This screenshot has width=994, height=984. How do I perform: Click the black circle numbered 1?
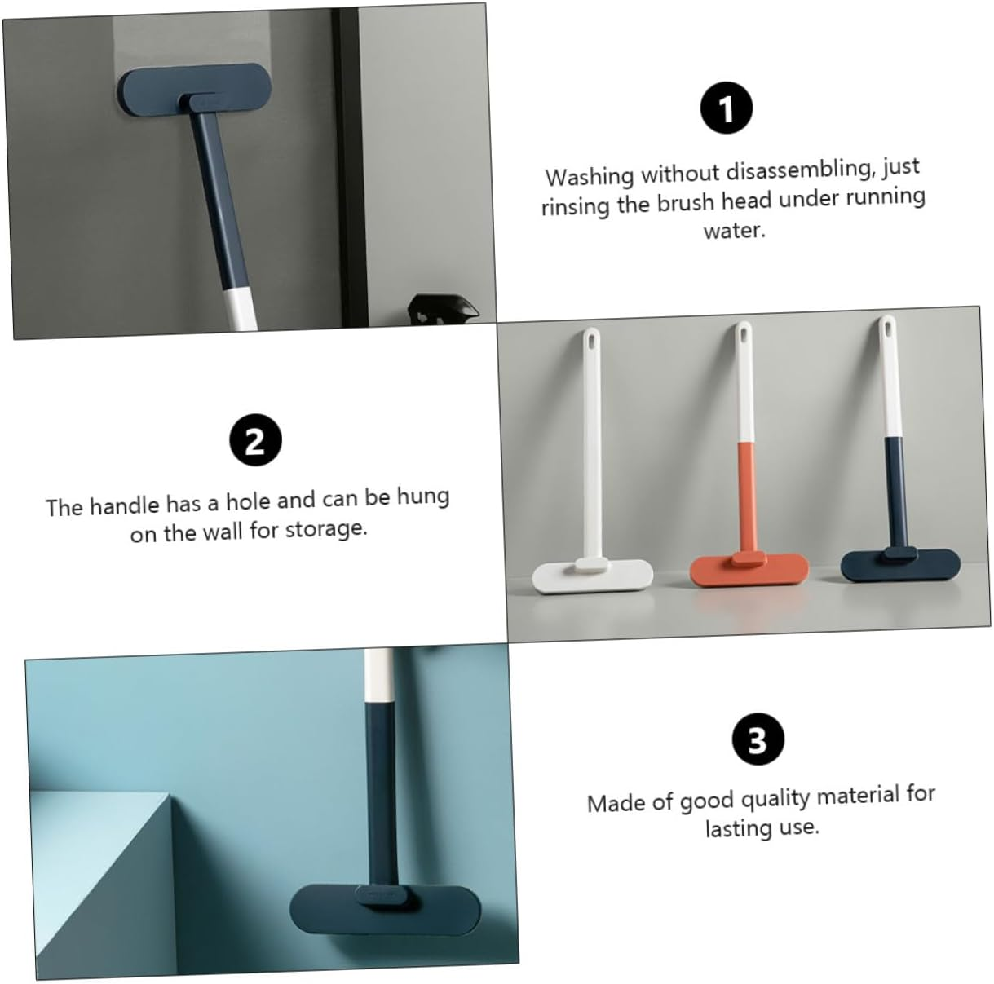[727, 108]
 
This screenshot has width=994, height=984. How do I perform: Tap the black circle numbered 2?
[256, 440]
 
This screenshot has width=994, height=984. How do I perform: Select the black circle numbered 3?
[758, 739]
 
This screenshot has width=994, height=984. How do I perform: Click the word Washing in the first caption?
[590, 176]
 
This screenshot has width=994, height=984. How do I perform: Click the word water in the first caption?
[735, 230]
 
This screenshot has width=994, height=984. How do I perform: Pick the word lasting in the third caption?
[739, 830]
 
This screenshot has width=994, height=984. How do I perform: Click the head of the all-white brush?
[593, 576]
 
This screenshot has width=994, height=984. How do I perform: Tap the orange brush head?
[749, 569]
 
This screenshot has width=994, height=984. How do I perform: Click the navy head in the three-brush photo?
[901, 565]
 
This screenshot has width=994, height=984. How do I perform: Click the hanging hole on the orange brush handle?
[744, 333]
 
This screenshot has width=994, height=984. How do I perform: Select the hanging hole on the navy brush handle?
[886, 326]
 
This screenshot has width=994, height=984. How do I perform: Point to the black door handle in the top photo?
[442, 310]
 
